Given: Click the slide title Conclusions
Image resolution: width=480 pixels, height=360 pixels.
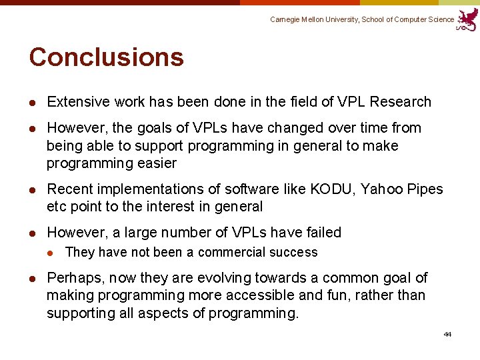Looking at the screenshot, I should (x=106, y=57).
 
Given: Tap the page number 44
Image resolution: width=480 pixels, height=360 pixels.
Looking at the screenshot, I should (x=447, y=334).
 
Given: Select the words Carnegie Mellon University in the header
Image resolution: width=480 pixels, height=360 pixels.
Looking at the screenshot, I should (x=314, y=20).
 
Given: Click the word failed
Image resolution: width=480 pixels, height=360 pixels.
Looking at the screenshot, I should (x=323, y=233).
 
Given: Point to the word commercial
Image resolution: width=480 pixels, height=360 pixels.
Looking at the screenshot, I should (x=231, y=252).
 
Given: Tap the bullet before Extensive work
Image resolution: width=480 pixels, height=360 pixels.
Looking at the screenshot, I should (x=32, y=103).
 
